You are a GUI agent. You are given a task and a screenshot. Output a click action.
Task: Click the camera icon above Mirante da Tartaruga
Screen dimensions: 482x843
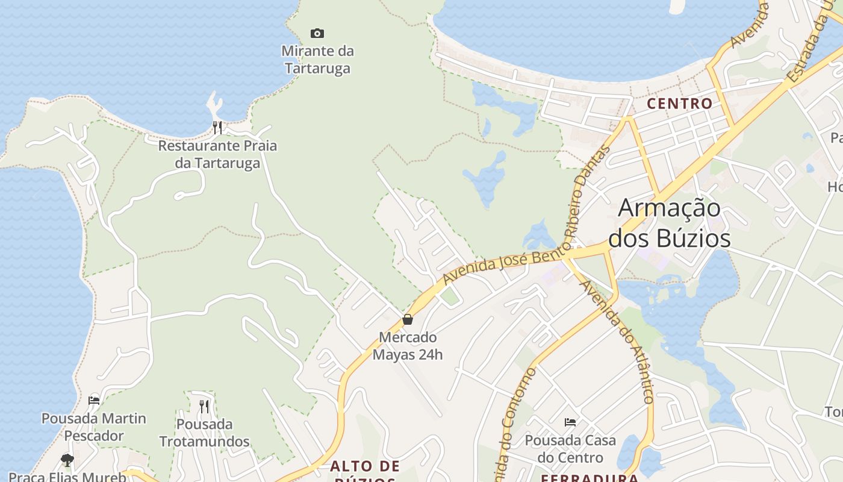(x=317, y=33)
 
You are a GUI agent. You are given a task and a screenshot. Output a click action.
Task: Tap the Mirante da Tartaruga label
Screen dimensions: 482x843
(x=317, y=60)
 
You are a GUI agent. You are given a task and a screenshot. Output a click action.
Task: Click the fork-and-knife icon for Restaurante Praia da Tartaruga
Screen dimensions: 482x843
(x=217, y=127)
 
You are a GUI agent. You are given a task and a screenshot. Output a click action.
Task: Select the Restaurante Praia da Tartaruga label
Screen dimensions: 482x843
(x=217, y=154)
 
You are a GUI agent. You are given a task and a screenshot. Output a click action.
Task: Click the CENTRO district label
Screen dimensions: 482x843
(x=680, y=104)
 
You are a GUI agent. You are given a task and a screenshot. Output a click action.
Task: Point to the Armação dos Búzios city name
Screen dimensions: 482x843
(x=670, y=223)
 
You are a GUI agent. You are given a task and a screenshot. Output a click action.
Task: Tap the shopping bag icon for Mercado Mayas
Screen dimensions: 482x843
(x=408, y=319)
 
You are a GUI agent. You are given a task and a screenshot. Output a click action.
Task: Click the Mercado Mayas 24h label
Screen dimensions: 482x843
(x=408, y=346)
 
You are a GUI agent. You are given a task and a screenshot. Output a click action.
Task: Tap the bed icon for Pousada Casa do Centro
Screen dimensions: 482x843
(x=570, y=422)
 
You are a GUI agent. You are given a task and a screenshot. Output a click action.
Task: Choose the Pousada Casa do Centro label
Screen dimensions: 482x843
(x=570, y=449)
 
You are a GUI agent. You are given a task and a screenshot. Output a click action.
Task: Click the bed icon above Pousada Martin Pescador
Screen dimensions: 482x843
(x=94, y=400)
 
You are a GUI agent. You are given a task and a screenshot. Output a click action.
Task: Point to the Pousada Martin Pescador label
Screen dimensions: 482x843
(x=94, y=427)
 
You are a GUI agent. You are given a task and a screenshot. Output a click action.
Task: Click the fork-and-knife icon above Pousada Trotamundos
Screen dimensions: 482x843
(x=204, y=407)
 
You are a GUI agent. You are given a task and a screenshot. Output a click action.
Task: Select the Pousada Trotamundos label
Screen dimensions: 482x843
(x=204, y=433)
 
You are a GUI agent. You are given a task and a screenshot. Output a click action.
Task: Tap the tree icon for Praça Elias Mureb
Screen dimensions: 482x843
(x=67, y=460)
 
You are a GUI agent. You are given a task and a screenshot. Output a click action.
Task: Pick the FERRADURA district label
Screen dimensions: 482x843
(x=589, y=478)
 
